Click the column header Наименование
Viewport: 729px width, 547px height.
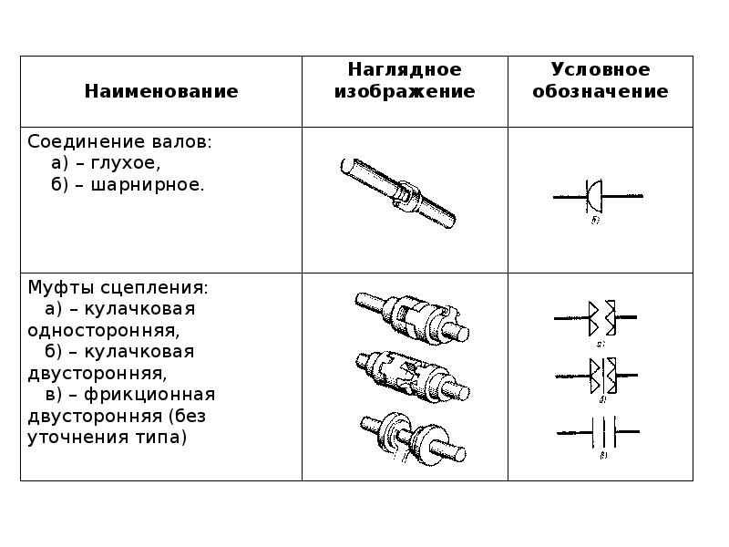161,91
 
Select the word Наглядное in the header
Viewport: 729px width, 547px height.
405,70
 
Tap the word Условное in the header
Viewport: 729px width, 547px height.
600,70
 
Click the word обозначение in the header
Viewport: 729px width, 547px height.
600,92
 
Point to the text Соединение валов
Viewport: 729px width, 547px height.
119,142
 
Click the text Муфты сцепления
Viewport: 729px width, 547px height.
118,288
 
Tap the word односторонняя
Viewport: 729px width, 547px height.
111,330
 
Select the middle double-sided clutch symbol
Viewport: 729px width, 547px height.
601,373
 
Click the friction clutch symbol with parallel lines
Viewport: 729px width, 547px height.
601,428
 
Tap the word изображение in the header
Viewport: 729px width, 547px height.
405,92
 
